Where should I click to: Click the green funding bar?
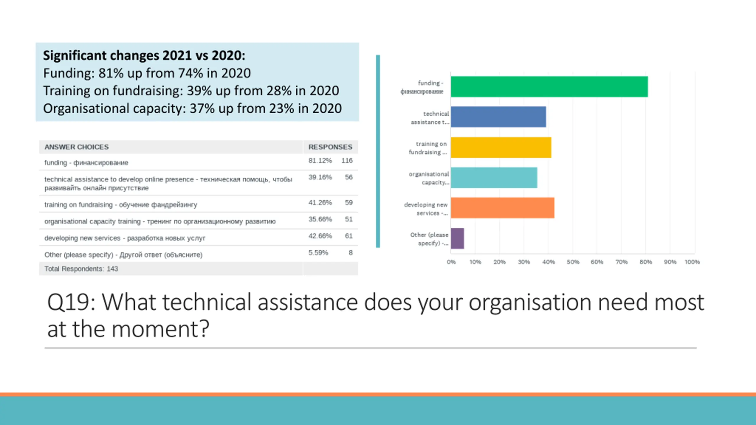pyautogui.click(x=549, y=86)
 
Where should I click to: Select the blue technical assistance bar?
pyautogui.click(x=498, y=117)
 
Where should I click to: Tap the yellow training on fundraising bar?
pyautogui.click(x=501, y=147)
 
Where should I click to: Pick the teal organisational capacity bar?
pyautogui.click(x=494, y=178)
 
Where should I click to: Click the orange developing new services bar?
pyautogui.click(x=503, y=208)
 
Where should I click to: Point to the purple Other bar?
pyautogui.click(x=457, y=238)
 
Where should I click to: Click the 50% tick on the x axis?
pyautogui.click(x=573, y=262)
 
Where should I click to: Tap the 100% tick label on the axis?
pyautogui.click(x=692, y=262)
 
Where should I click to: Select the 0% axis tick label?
pyautogui.click(x=451, y=262)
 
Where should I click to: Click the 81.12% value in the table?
pyautogui.click(x=320, y=161)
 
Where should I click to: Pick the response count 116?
pyautogui.click(x=347, y=161)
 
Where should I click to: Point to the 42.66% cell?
pyautogui.click(x=320, y=236)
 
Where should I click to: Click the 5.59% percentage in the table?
pyautogui.click(x=318, y=253)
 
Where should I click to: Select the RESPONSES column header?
pyautogui.click(x=330, y=147)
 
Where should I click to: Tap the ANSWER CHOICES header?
pyautogui.click(x=76, y=147)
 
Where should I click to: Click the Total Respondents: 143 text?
pyautogui.click(x=81, y=269)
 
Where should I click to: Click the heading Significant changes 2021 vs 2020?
pyautogui.click(x=144, y=55)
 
